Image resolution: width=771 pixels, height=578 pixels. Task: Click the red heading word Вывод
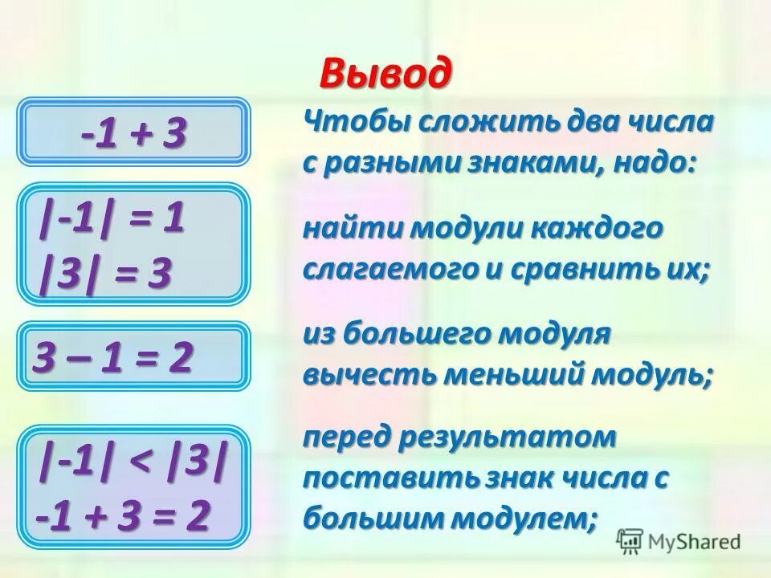click(385, 74)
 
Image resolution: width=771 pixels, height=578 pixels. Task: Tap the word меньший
click(506, 374)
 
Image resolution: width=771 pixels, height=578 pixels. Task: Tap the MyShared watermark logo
click(679, 542)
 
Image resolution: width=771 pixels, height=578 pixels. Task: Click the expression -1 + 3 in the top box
click(133, 134)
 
